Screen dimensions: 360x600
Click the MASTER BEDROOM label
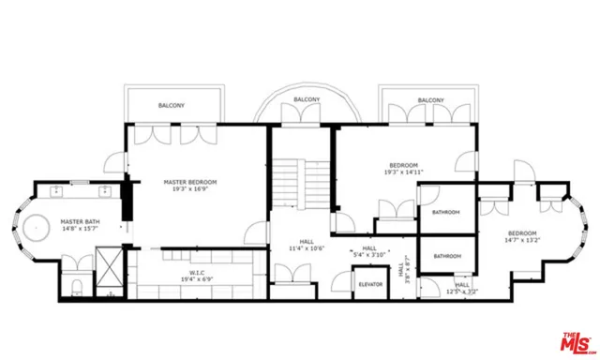coord(190,182)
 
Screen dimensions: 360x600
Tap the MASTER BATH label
coord(80,221)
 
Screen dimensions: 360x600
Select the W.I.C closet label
coord(190,273)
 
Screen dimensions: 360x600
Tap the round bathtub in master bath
coord(37,230)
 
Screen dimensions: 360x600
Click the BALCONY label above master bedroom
coord(171,105)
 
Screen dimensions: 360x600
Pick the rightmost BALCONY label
coord(430,100)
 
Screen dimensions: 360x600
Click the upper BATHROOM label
coord(446,213)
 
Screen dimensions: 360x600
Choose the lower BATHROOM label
coord(446,256)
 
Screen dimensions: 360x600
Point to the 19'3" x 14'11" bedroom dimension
coord(404,172)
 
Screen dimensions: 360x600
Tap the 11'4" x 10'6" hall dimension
coord(306,248)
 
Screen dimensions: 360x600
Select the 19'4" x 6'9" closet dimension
coord(190,279)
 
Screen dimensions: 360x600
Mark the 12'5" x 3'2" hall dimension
coord(463,292)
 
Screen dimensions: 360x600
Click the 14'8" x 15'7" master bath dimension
coord(80,228)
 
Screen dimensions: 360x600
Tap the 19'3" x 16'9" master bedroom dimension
coord(190,188)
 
